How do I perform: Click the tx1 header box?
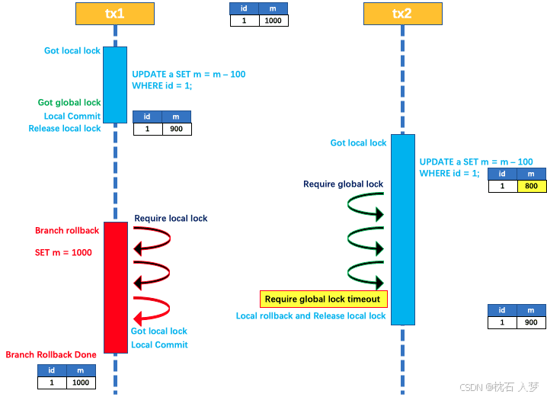click(x=115, y=13)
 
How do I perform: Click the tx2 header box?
click(x=401, y=13)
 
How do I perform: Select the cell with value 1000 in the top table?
click(x=273, y=21)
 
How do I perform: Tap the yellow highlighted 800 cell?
click(x=532, y=186)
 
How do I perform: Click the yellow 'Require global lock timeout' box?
click(x=325, y=299)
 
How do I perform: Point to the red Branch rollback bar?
click(x=115, y=287)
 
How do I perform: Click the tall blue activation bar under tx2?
click(x=403, y=229)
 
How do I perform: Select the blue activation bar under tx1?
click(x=115, y=84)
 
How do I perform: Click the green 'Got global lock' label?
click(x=69, y=102)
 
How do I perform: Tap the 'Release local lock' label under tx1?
click(x=65, y=129)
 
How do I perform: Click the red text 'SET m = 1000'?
click(x=63, y=252)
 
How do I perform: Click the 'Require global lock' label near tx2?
click(x=343, y=184)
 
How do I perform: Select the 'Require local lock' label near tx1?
click(x=171, y=219)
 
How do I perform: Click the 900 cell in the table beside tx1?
click(x=176, y=130)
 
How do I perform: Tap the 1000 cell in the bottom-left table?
click(x=80, y=383)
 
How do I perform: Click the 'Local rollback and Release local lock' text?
click(x=311, y=315)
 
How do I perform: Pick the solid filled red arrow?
click(x=151, y=314)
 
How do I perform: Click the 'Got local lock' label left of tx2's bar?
click(x=358, y=142)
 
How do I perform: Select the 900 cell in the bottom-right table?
click(x=531, y=322)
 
